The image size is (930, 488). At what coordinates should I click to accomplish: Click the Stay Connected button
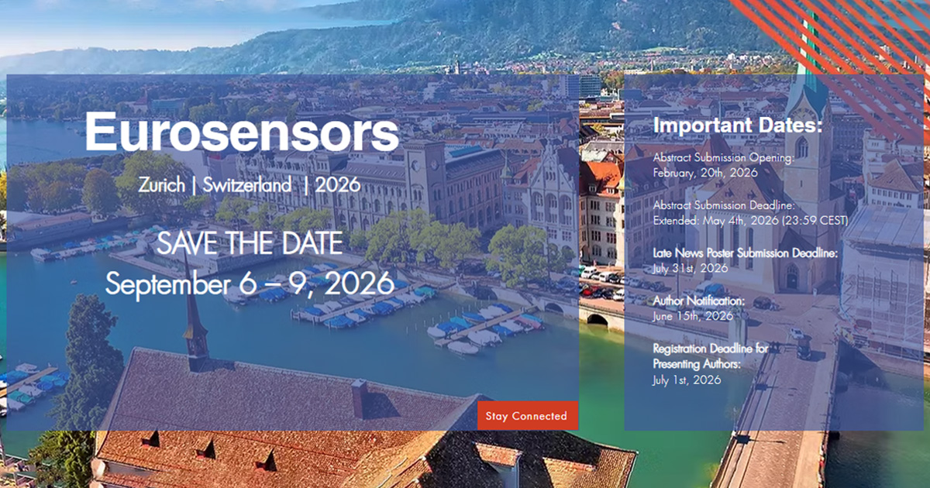[x=527, y=415]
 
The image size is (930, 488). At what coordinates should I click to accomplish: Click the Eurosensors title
[x=242, y=132]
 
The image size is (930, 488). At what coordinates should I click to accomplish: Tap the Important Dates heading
[x=737, y=125]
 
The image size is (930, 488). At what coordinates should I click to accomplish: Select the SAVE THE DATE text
[x=250, y=243]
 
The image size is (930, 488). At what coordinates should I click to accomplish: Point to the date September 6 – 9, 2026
[x=250, y=284]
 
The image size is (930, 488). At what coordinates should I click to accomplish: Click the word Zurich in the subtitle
[x=161, y=184]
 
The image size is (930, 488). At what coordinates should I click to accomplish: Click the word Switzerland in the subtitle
[x=246, y=184]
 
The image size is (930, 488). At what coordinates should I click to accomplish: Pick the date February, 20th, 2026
[x=705, y=173]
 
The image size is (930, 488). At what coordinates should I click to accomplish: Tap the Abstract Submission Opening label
[x=724, y=158]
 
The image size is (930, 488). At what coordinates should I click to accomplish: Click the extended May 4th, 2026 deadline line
[x=750, y=220]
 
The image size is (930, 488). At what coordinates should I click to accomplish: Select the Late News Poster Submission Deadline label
[x=746, y=253]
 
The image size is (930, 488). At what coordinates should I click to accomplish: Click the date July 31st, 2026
[x=690, y=268]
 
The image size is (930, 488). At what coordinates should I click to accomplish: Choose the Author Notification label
[x=699, y=301]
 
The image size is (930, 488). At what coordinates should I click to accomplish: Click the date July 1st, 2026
[x=687, y=380]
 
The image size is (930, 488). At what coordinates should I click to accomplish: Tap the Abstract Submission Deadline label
[x=724, y=205]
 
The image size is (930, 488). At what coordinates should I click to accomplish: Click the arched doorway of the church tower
[x=792, y=277]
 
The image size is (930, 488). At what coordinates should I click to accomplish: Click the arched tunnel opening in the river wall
[x=598, y=320]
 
